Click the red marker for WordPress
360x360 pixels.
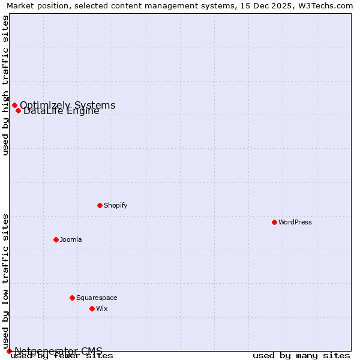[274, 222]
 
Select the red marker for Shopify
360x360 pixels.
[100, 205]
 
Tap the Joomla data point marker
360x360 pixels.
[56, 239]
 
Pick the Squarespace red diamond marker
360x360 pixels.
[72, 298]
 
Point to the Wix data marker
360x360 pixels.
[92, 308]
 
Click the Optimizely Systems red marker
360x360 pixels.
[14, 106]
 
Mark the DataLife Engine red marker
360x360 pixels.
[18, 110]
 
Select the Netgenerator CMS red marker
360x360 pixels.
[9, 351]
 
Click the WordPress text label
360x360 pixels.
[295, 222]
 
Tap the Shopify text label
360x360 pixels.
[116, 205]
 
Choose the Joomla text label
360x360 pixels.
[71, 239]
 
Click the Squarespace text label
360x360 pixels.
[97, 298]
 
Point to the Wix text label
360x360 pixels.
[102, 308]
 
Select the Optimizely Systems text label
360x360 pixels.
[68, 105]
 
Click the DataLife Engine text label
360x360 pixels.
[61, 111]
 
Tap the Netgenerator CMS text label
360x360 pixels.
[58, 350]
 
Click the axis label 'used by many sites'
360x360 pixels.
[301, 356]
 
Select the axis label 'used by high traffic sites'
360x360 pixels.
[5, 85]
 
